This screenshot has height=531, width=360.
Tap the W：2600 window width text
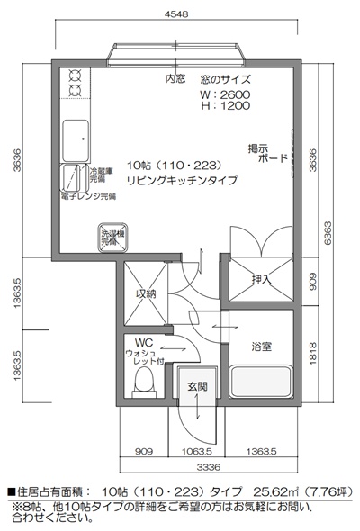(226, 94)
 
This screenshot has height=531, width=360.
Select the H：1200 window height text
(226, 105)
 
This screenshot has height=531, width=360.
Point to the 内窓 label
(175, 79)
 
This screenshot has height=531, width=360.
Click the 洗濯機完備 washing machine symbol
(110, 238)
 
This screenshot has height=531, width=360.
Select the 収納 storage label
(147, 293)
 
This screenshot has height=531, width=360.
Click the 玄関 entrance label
(196, 386)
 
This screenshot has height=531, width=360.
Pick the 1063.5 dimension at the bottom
(196, 450)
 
